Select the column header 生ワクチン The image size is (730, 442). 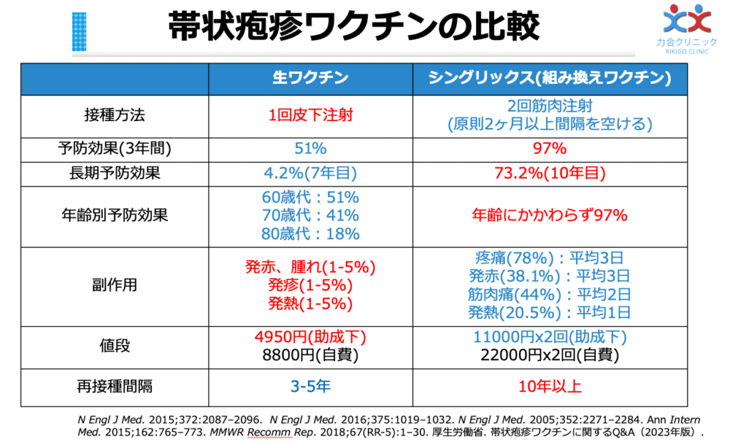[x=310, y=79]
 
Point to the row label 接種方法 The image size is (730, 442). [x=115, y=115]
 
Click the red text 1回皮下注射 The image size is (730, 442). [x=310, y=115]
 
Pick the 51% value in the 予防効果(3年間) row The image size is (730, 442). [x=310, y=149]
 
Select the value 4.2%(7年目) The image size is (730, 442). [x=310, y=173]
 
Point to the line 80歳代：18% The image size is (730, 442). [x=310, y=233]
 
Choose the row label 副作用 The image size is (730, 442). [x=115, y=285]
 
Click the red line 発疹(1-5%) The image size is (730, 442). [x=310, y=285]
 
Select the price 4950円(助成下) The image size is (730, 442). [x=310, y=337]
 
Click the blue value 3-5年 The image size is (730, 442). [x=310, y=387]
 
